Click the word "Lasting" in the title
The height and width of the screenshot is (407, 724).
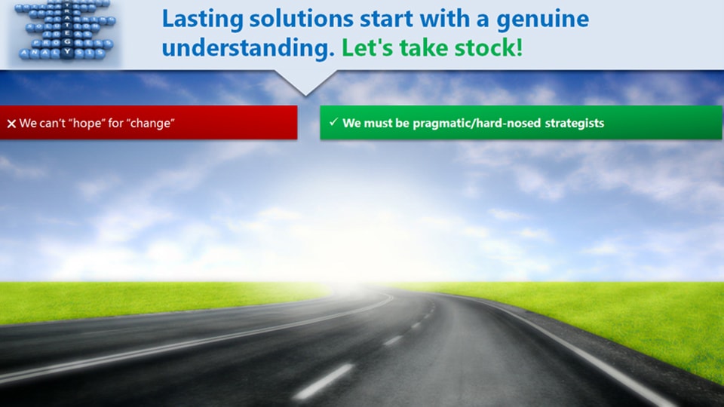198,20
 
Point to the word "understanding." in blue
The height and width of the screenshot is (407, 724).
248,49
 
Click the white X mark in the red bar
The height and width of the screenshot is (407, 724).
11,124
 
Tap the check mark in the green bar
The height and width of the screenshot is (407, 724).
333,122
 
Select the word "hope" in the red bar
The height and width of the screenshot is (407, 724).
85,123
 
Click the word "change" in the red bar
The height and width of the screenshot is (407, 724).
150,123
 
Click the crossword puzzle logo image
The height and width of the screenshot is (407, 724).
64,34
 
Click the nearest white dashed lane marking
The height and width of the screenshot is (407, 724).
324,381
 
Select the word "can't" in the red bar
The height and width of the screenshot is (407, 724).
50,123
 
